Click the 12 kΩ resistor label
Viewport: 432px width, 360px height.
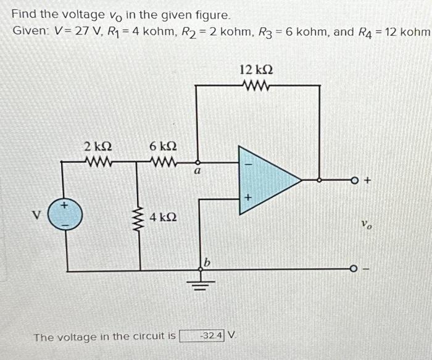pyautogui.click(x=256, y=70)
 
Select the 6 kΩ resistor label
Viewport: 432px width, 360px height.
pyautogui.click(x=164, y=147)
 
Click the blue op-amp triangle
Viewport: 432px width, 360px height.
pyautogui.click(x=265, y=180)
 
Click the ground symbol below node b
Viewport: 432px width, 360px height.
pyautogui.click(x=199, y=283)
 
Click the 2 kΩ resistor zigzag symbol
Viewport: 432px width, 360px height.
pyautogui.click(x=97, y=163)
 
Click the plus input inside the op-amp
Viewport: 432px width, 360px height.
pyautogui.click(x=247, y=198)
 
